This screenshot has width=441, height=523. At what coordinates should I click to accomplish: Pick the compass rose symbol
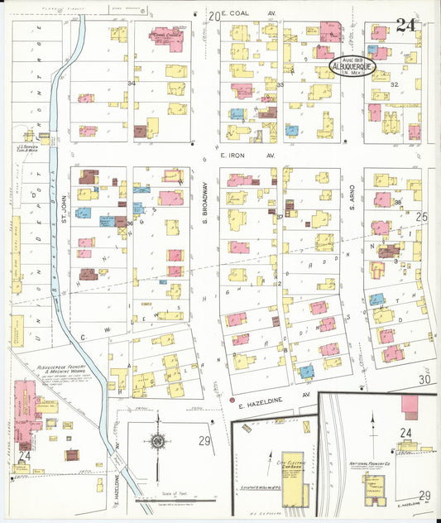coord(158,442)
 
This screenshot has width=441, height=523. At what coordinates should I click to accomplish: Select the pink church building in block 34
coord(169,38)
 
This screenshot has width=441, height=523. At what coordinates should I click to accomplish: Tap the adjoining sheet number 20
coord(213,15)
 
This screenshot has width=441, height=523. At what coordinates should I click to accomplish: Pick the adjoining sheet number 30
coord(424,379)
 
